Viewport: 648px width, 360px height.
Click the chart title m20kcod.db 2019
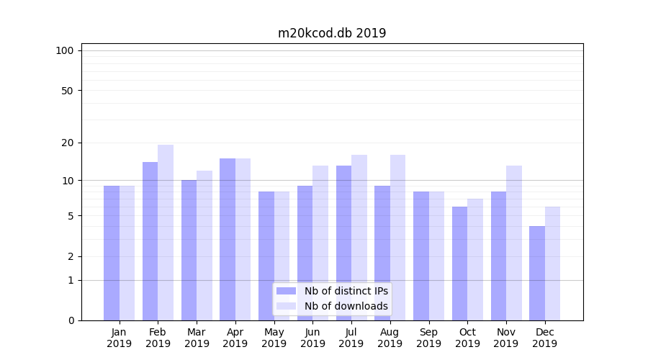point(332,33)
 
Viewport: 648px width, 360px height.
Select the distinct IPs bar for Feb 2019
point(150,241)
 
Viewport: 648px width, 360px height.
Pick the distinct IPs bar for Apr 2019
point(228,239)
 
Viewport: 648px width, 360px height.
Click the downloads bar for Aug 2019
point(397,238)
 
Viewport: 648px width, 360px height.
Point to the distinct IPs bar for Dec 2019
point(537,273)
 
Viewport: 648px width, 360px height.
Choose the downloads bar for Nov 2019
point(514,243)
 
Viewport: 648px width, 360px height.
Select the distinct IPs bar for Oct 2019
point(460,264)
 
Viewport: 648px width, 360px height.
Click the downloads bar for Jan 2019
point(127,253)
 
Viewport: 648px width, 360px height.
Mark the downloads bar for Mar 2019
point(204,246)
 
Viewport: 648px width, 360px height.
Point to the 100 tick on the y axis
point(65,50)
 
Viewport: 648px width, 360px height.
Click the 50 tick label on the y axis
point(68,91)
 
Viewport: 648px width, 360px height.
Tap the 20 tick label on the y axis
point(68,143)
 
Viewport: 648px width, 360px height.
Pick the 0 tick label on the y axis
point(71,320)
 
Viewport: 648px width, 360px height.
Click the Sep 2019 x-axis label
point(428,338)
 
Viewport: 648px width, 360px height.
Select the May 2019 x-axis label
point(274,338)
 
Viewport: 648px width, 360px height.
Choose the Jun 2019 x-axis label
point(312,338)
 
